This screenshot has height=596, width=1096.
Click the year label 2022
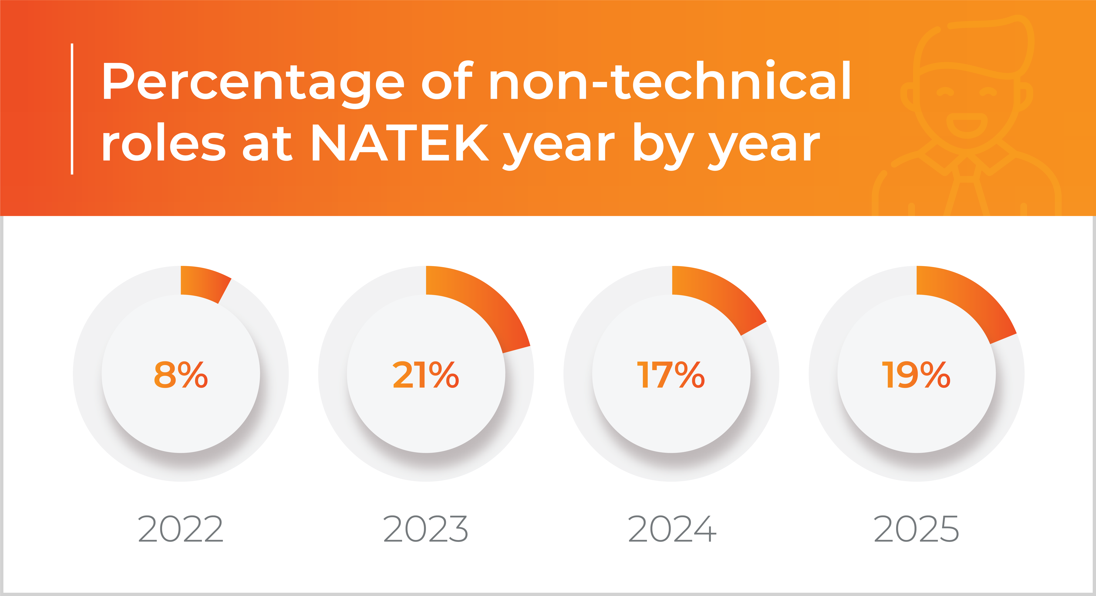[181, 529]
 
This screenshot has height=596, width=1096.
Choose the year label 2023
[426, 529]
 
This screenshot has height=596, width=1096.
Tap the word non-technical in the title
[670, 81]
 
